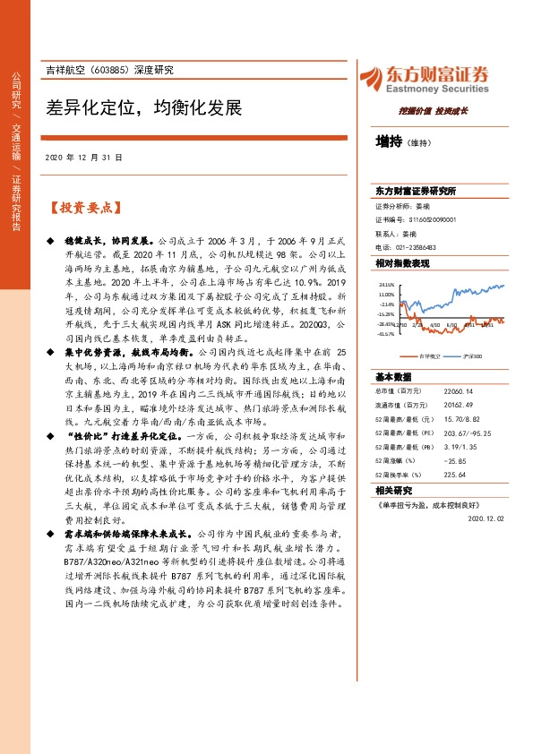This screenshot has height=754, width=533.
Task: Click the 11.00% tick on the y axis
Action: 386,294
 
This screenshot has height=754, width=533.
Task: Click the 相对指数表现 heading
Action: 402,263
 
